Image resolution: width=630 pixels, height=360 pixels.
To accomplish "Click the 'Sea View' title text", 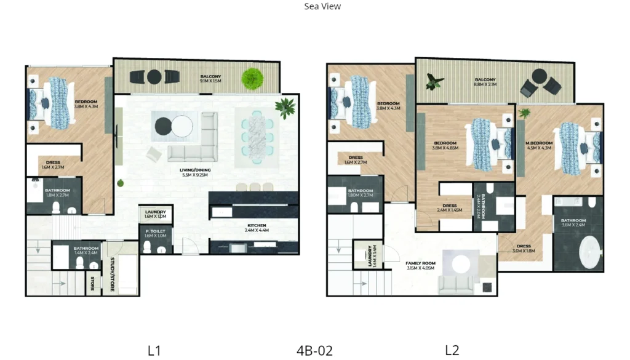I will pyautogui.click(x=322, y=7).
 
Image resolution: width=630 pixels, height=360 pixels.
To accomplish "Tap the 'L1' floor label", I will pyautogui.click(x=154, y=351).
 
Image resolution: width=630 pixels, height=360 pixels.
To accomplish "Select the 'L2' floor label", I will pyautogui.click(x=452, y=351).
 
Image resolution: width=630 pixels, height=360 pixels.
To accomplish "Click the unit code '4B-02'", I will pyautogui.click(x=314, y=351).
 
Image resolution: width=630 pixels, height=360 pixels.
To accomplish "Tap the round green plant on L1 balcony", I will pyautogui.click(x=252, y=78).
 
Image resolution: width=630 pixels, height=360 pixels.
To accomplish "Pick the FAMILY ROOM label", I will pyautogui.click(x=421, y=266).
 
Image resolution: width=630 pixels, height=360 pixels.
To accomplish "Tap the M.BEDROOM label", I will pyautogui.click(x=539, y=145).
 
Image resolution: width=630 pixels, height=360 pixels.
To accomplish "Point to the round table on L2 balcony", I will pyautogui.click(x=540, y=76).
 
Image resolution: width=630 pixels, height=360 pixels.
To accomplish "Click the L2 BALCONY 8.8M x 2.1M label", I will pyautogui.click(x=485, y=82).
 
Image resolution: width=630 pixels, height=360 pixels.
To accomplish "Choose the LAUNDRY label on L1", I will pyautogui.click(x=155, y=214).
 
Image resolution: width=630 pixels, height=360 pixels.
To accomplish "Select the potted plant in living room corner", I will pyautogui.click(x=285, y=107).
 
